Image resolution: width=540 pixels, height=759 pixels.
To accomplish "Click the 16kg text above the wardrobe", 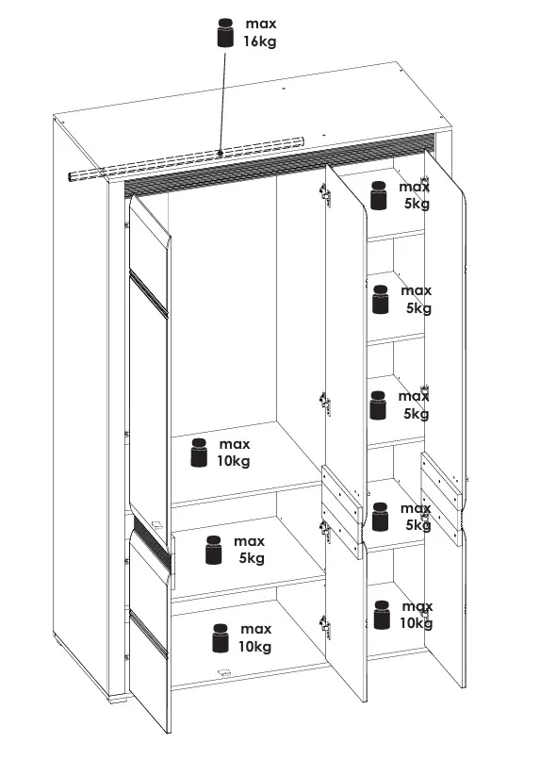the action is [260, 41].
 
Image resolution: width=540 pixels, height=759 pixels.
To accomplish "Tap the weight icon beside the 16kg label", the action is [225, 32].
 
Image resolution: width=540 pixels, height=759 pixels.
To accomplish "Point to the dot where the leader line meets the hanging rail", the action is [221, 154].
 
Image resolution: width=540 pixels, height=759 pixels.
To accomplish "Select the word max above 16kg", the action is [261, 24].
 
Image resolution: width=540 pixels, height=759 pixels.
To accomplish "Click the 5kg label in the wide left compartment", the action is [252, 558].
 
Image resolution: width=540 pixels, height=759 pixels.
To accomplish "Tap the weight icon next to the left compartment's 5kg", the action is [213, 550].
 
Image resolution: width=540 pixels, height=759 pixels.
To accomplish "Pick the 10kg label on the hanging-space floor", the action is [233, 461].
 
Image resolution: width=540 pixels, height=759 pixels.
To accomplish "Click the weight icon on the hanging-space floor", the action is [199, 453].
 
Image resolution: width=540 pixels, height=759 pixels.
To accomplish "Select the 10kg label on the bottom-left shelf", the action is [254, 646].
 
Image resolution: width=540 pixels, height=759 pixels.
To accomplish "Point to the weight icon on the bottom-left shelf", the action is [221, 638].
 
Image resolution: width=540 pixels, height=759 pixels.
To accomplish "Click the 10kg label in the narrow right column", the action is [416, 623].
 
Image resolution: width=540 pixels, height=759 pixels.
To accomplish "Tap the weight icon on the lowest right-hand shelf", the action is [382, 615].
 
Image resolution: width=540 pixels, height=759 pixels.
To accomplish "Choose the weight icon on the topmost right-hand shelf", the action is [379, 195].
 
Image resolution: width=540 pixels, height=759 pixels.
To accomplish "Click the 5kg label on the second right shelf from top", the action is [418, 308].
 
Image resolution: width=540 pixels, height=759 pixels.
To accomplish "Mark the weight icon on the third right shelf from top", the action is [378, 405].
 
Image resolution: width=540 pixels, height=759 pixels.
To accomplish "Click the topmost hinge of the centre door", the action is [325, 195].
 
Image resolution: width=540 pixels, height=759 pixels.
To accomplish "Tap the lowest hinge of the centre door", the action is [325, 627].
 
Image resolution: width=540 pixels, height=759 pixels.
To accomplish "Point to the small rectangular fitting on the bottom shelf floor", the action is [223, 671].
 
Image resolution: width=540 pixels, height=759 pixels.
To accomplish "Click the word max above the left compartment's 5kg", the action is [249, 540].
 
